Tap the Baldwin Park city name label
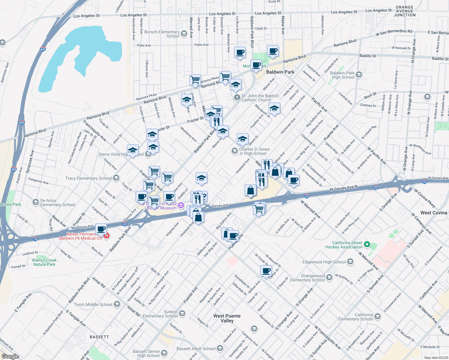280,72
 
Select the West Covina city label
433,213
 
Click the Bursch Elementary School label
162,34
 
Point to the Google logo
10,356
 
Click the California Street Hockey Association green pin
367,245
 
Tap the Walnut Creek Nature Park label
44,262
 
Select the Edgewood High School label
324,262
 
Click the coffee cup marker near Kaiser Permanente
101,229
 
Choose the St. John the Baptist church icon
237,97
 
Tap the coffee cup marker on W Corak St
266,271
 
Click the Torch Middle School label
93,304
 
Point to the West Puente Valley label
227,318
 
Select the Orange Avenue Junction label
405,11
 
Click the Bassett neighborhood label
99,337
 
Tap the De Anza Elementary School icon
36,202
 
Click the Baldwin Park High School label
342,75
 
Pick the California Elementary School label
355,317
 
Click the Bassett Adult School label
196,349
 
